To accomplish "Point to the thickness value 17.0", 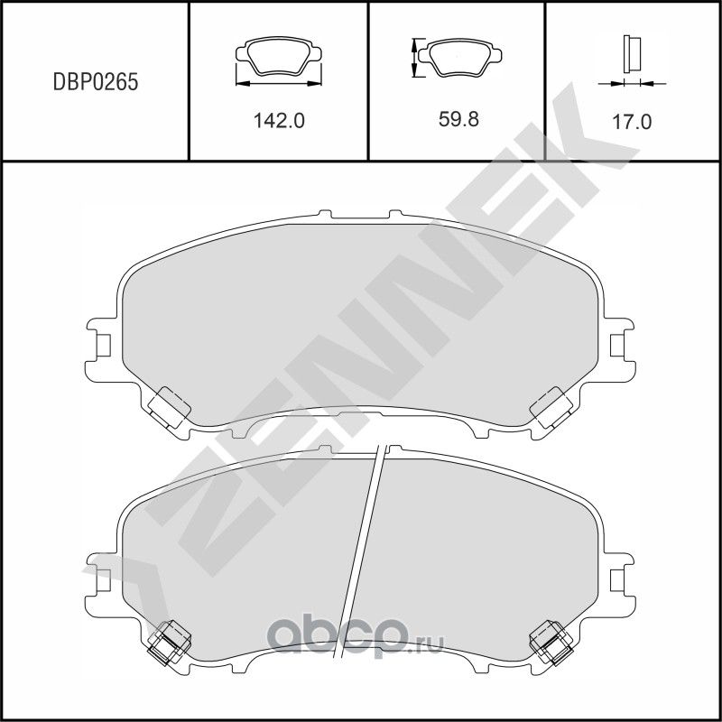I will [632, 121].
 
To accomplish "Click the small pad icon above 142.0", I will [278, 59].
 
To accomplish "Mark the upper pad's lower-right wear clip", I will [551, 405].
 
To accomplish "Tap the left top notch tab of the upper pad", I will [327, 216].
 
